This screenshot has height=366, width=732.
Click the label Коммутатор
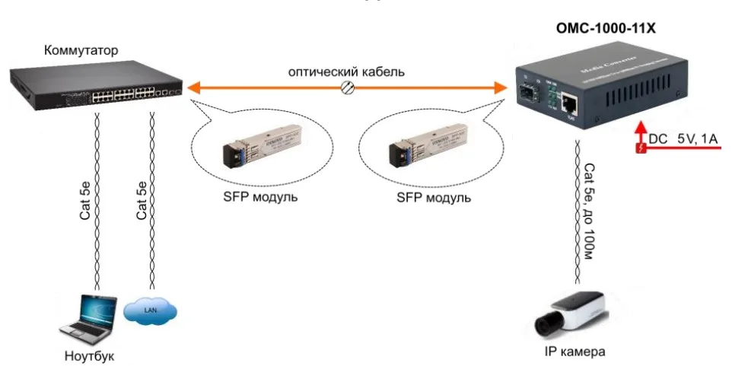[x=81, y=51]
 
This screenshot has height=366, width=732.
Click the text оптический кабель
[x=345, y=72]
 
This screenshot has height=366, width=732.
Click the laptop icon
[x=90, y=319]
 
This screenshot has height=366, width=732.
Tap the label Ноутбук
[x=89, y=355]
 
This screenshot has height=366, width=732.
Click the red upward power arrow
[x=641, y=129]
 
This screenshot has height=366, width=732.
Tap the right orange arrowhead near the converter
[x=499, y=88]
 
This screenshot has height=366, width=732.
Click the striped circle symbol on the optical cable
[x=348, y=88]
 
